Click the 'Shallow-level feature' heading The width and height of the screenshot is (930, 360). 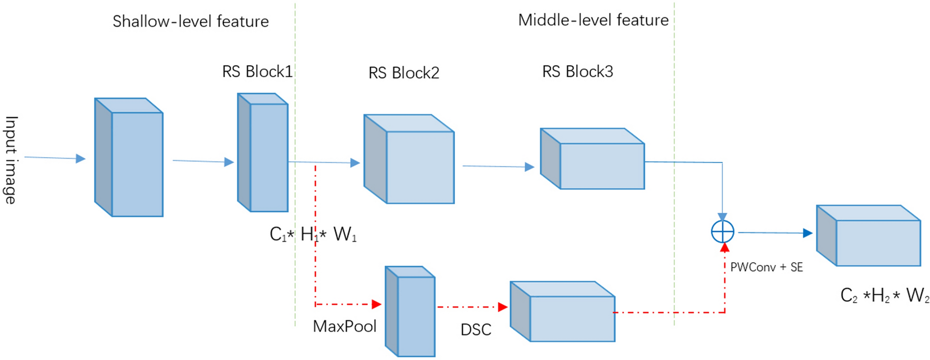click(190, 22)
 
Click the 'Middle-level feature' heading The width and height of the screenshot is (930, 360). click(593, 20)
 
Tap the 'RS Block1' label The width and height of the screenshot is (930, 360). click(257, 71)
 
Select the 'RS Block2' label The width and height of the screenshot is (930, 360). click(404, 73)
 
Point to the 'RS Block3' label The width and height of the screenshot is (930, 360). click(577, 71)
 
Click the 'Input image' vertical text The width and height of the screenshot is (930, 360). click(11, 160)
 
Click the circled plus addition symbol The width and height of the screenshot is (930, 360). click(722, 232)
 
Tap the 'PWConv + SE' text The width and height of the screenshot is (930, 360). click(766, 268)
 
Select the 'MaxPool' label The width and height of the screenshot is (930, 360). click(345, 326)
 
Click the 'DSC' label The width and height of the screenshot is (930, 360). click(476, 330)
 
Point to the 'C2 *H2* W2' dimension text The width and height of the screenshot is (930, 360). click(885, 296)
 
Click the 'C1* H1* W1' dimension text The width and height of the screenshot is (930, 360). click(313, 234)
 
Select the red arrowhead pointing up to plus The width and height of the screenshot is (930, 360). click(725, 248)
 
